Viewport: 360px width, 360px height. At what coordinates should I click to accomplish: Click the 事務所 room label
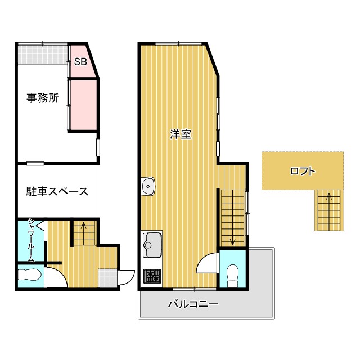tap(43, 98)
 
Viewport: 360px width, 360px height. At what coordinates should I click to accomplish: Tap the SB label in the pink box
tap(80, 62)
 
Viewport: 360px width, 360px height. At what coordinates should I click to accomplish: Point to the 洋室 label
tap(181, 134)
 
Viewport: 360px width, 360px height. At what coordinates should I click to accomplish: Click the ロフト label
tap(302, 171)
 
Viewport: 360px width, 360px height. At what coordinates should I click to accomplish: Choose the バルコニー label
tap(193, 305)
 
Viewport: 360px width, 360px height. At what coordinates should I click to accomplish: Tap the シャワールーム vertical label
tap(31, 240)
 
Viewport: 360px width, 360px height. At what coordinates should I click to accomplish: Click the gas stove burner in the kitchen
tap(152, 276)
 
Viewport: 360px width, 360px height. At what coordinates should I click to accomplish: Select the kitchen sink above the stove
tap(151, 244)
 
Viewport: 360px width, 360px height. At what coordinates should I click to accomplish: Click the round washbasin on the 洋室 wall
tap(148, 184)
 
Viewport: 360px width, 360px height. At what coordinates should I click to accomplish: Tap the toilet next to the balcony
tap(231, 274)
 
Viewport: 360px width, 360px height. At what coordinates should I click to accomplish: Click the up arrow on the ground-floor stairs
tap(84, 227)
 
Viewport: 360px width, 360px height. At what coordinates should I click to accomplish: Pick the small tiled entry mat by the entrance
tap(107, 277)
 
